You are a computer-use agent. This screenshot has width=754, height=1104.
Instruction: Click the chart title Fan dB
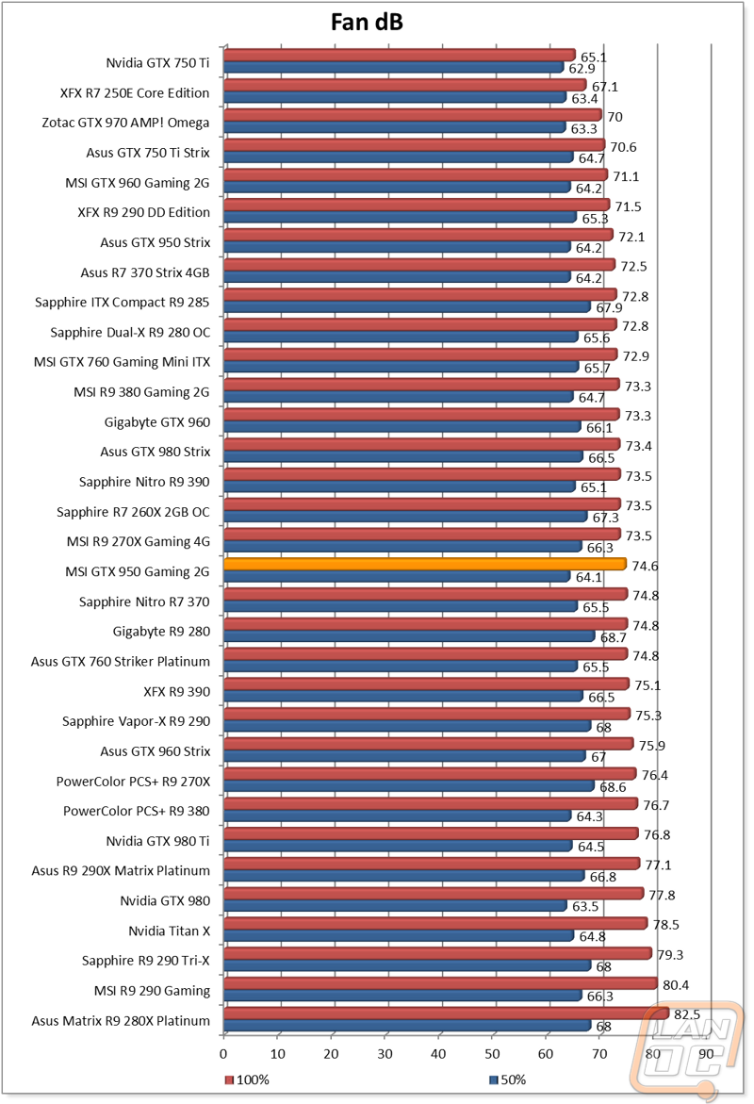point(367,22)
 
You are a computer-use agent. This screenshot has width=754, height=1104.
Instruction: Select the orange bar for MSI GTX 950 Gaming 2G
point(424,564)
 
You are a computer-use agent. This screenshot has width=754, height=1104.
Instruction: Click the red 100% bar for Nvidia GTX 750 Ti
point(400,55)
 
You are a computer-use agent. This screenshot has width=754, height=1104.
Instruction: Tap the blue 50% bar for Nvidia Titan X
point(399,936)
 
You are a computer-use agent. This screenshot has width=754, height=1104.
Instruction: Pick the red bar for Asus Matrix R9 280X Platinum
point(447,1013)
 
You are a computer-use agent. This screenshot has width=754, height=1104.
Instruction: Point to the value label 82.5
point(687,1014)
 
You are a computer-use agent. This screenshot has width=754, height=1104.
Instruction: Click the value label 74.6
point(645,566)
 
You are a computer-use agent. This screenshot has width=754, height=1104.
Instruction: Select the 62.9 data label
point(582,68)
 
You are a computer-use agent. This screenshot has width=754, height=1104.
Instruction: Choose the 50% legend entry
point(508,1080)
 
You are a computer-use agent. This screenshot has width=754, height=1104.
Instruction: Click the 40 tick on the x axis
point(438,1054)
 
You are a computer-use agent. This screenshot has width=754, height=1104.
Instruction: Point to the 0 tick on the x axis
point(223,1054)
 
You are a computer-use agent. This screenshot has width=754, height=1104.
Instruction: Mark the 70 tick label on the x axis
point(599,1054)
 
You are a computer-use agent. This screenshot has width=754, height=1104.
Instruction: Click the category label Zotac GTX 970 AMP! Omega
point(125,123)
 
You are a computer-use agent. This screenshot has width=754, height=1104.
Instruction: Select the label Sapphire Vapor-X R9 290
point(136,721)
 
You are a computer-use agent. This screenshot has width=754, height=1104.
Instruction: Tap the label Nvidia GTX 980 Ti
point(157,841)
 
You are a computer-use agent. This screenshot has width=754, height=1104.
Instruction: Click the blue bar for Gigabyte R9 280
point(409,636)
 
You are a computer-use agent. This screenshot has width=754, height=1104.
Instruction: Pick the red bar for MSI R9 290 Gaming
point(441,983)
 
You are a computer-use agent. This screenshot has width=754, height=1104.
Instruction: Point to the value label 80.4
point(676,985)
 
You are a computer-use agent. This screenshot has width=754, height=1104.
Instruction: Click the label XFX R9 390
point(176,691)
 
